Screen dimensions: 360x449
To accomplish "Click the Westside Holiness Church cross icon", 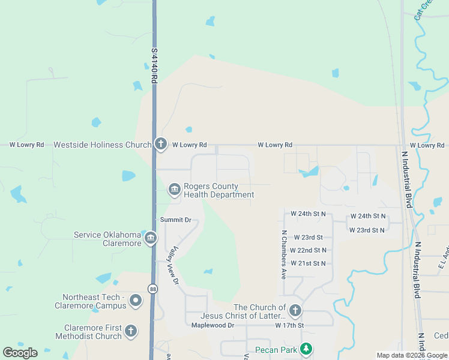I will (x=160, y=143).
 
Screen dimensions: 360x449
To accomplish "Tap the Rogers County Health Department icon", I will (x=174, y=190).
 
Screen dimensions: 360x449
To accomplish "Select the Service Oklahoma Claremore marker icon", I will (x=150, y=239).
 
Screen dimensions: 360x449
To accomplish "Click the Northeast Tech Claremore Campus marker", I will (x=136, y=301).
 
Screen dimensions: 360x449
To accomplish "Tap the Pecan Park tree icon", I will (x=306, y=349).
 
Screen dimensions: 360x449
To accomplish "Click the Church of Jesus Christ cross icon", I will (x=295, y=311).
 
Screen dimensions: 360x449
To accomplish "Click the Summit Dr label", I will (x=175, y=220).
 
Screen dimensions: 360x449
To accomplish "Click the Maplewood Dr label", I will (x=212, y=325).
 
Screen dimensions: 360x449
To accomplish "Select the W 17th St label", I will (x=290, y=325).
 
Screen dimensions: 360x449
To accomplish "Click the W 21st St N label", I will (x=307, y=263).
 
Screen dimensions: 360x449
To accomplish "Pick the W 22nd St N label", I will (x=308, y=250).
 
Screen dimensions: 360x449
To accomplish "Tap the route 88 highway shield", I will (x=154, y=289).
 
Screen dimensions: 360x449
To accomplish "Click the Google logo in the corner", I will (x=20, y=353).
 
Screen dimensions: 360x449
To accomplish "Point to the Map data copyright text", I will (x=412, y=355).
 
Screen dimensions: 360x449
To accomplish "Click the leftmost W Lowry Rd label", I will (x=27, y=145).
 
